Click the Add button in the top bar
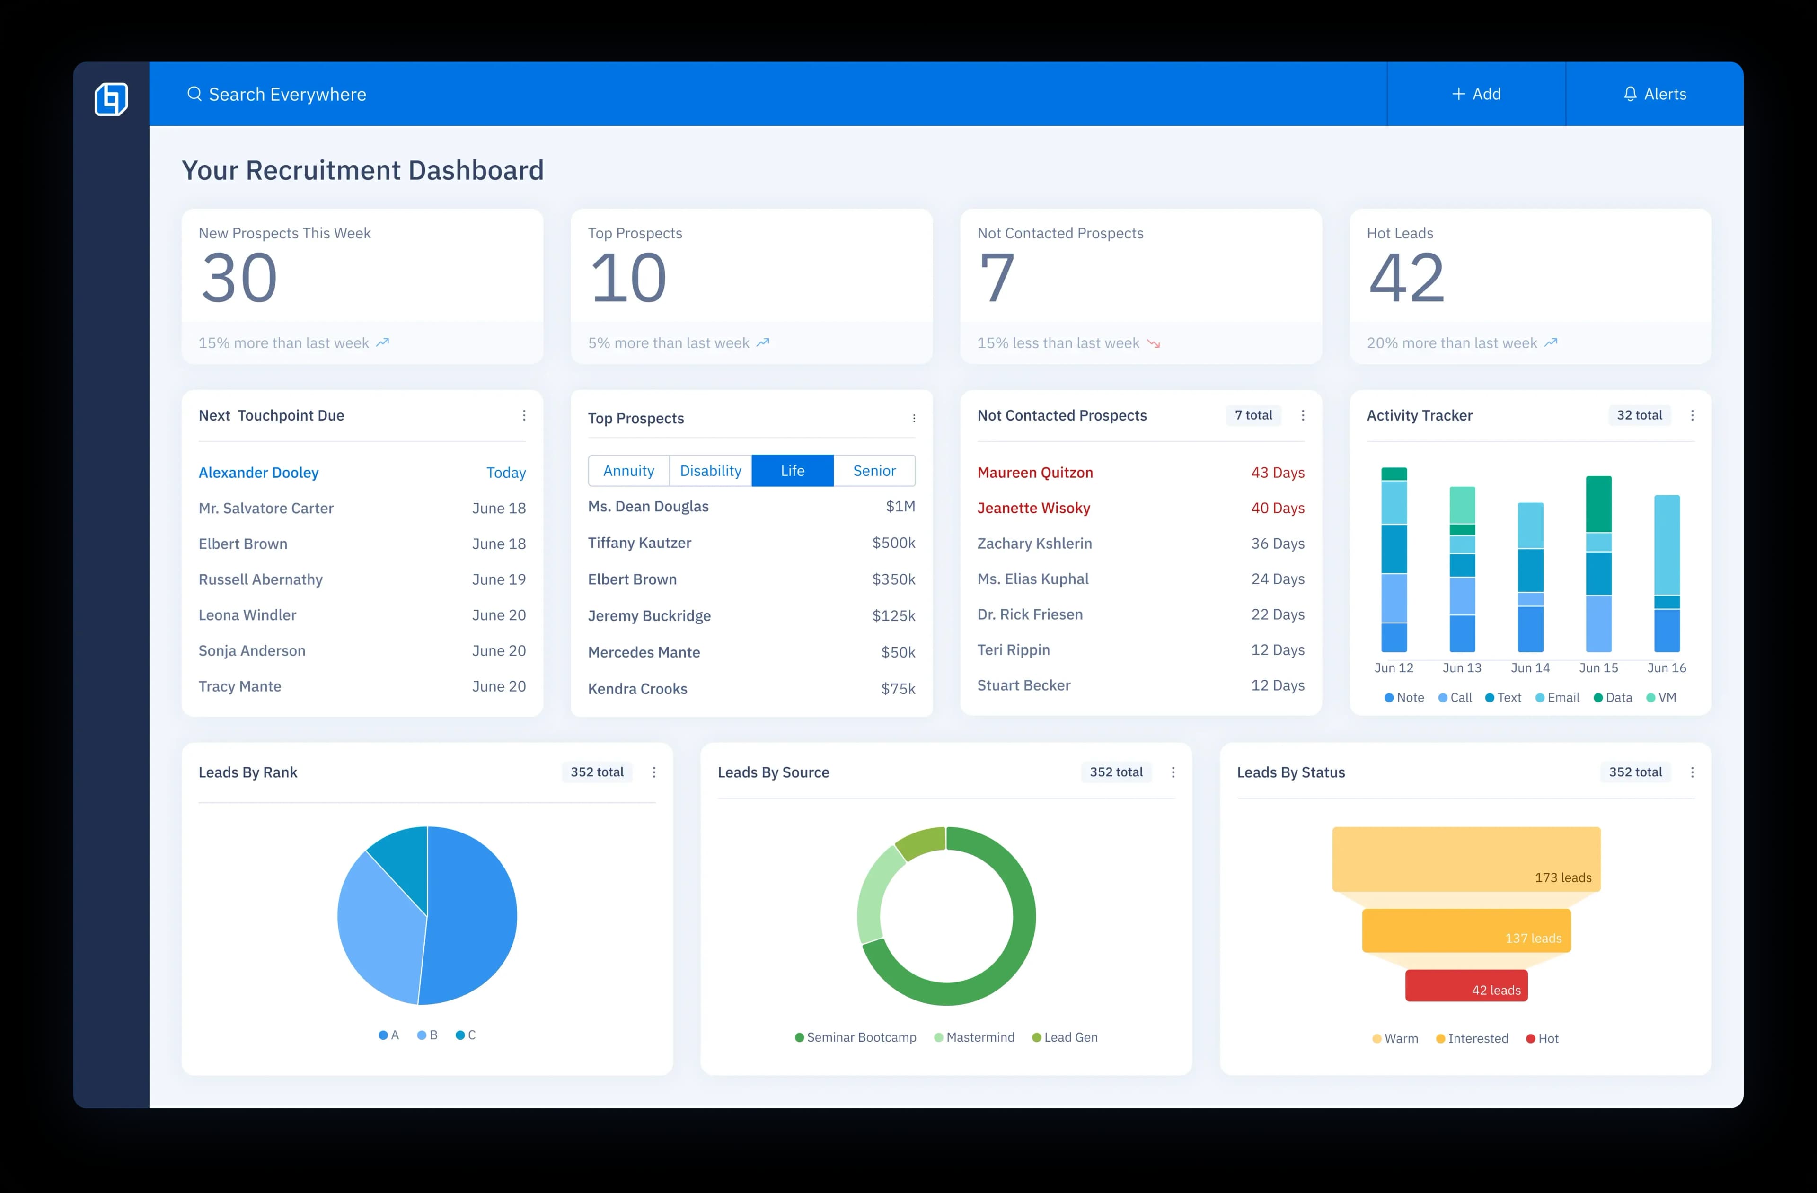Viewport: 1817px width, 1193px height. pos(1476,94)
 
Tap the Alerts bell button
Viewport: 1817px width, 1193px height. pos(1654,94)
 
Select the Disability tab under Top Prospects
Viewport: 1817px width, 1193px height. pos(710,471)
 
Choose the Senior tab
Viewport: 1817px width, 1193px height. pos(874,471)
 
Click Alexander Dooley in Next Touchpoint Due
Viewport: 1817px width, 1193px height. pos(258,473)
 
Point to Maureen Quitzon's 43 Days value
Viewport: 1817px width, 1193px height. pos(1277,473)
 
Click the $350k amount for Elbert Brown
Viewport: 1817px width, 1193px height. pos(893,579)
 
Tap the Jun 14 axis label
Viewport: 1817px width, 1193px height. pos(1530,668)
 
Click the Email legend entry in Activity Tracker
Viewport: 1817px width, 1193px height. pos(1557,698)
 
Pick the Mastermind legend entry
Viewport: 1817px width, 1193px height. pos(974,1037)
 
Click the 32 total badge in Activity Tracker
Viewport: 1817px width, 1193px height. pos(1639,415)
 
